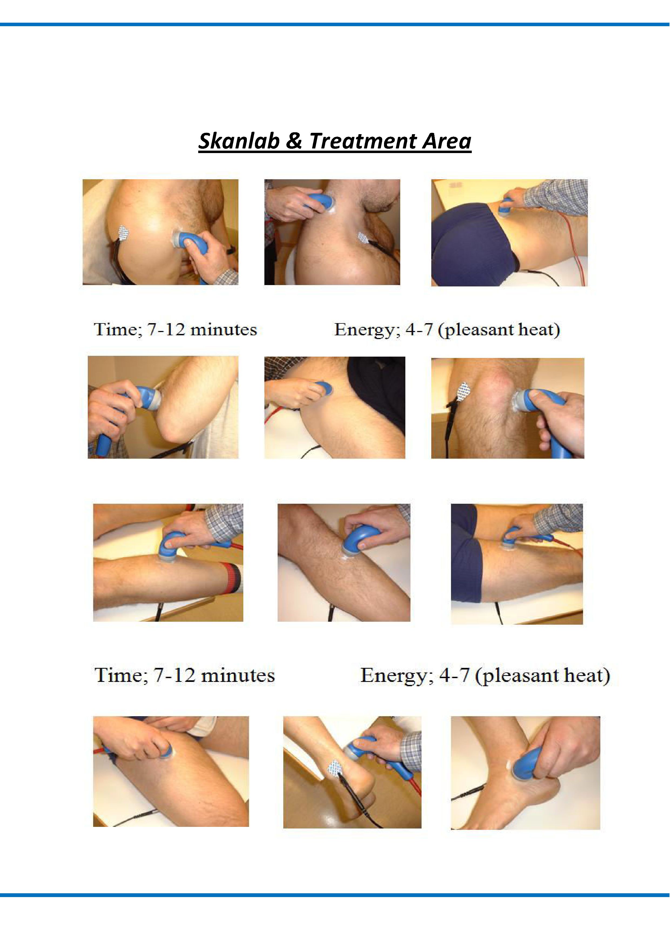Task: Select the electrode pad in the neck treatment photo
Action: click(x=363, y=238)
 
